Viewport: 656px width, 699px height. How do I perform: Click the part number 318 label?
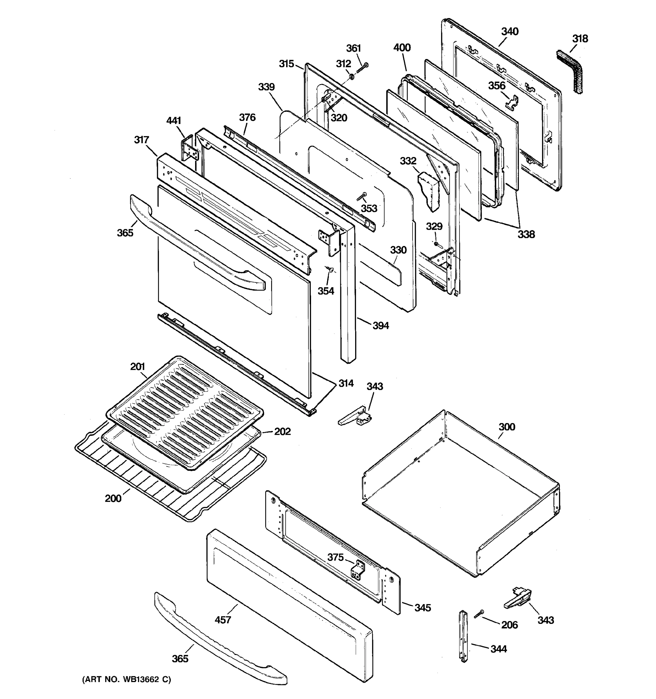click(580, 39)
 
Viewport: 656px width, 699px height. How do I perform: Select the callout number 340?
click(510, 32)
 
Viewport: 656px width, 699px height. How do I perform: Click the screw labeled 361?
click(362, 68)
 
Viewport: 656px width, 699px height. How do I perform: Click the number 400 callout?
click(401, 48)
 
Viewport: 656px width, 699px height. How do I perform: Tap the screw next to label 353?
click(362, 196)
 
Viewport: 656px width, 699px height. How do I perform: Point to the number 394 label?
click(381, 326)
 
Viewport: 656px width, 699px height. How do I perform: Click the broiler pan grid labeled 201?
click(185, 411)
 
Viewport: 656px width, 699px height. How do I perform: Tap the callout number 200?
click(113, 498)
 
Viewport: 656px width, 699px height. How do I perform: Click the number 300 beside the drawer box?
click(507, 427)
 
